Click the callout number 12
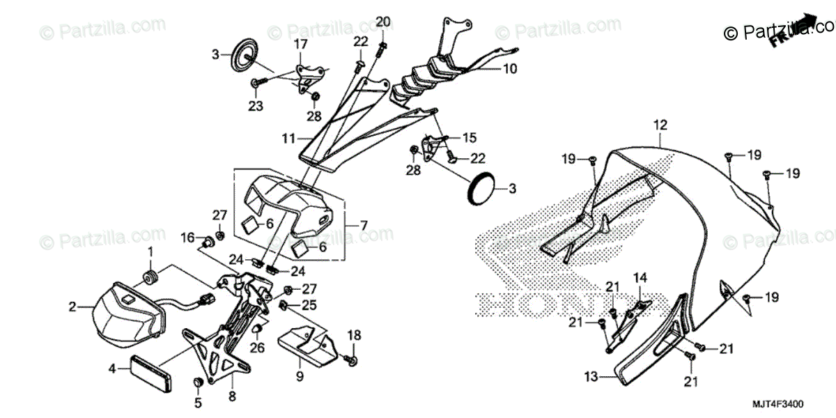tap(660, 125)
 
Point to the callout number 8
tap(232, 396)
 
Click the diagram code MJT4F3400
tap(779, 404)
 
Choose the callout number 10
tap(510, 69)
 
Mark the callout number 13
tap(591, 378)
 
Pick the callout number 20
tap(382, 22)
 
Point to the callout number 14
tap(640, 277)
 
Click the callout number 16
tap(188, 238)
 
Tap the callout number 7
tap(364, 226)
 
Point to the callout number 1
tap(148, 251)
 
